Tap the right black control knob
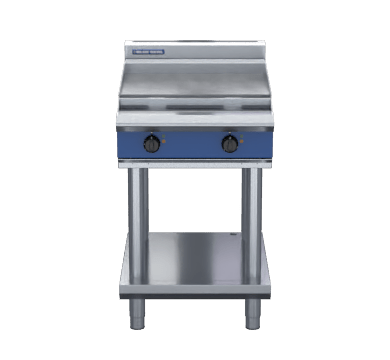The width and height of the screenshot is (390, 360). [230, 144]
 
